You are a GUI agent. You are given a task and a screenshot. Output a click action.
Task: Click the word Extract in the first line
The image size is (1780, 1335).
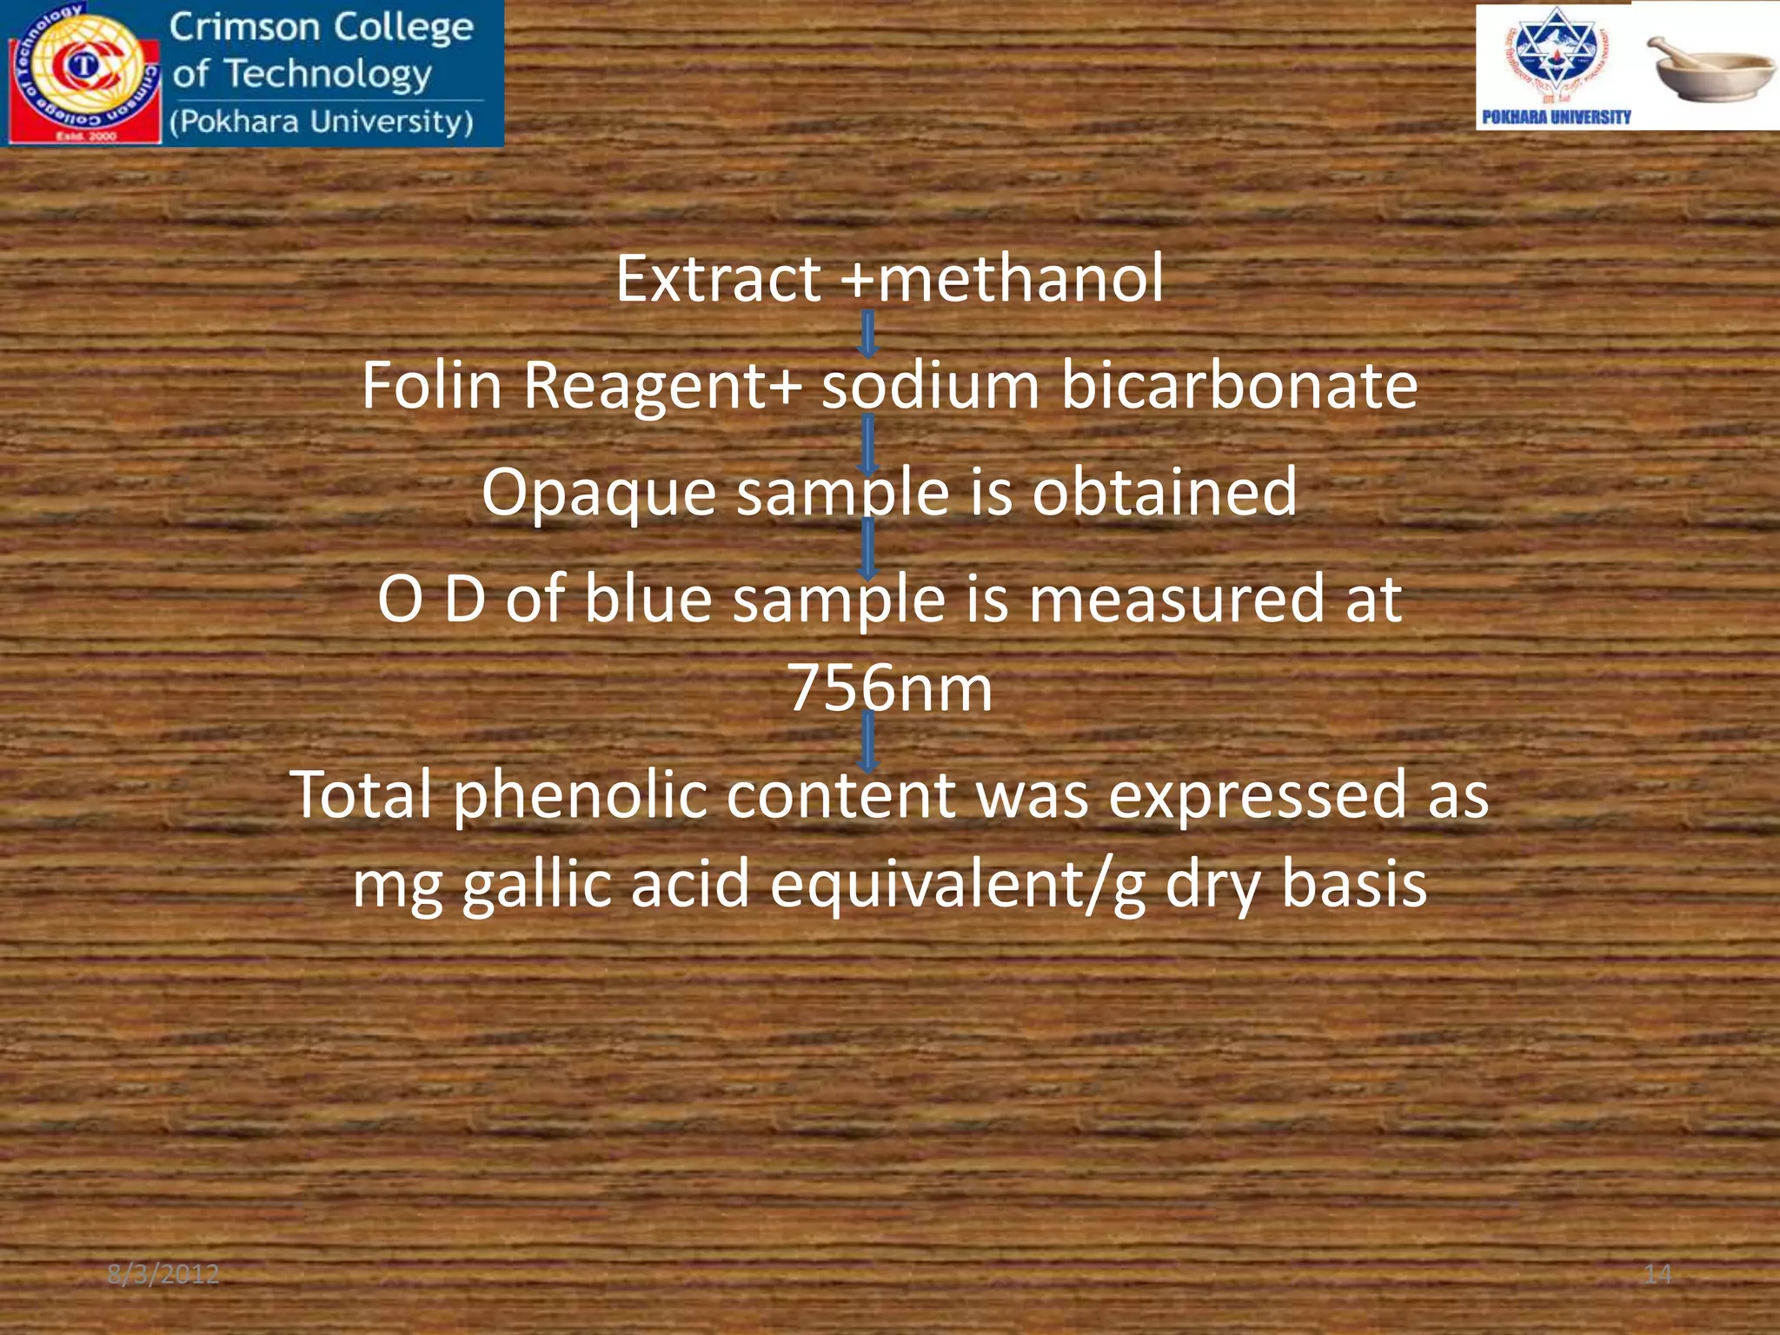click(718, 279)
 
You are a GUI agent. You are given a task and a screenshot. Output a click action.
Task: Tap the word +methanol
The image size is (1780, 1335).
click(1002, 279)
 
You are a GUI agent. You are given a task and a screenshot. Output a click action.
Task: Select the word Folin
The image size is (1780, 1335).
click(432, 386)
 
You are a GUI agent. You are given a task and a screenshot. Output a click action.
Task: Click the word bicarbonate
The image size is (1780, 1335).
click(1239, 386)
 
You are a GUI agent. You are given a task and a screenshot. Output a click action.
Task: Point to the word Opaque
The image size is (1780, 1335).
click(599, 493)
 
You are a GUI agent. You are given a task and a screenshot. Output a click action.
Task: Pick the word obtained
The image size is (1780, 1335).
click(1165, 493)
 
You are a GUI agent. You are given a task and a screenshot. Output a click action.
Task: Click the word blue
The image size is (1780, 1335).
click(648, 599)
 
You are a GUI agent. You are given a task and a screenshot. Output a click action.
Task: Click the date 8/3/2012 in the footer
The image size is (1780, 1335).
click(163, 1274)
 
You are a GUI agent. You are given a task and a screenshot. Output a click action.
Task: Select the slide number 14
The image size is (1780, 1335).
click(1657, 1274)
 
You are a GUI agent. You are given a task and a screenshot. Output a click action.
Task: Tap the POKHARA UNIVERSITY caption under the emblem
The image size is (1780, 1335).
click(1556, 116)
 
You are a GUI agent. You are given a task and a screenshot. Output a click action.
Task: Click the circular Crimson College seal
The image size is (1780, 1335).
click(84, 71)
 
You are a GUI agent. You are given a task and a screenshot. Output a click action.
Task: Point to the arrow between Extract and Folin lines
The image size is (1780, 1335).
click(867, 334)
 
